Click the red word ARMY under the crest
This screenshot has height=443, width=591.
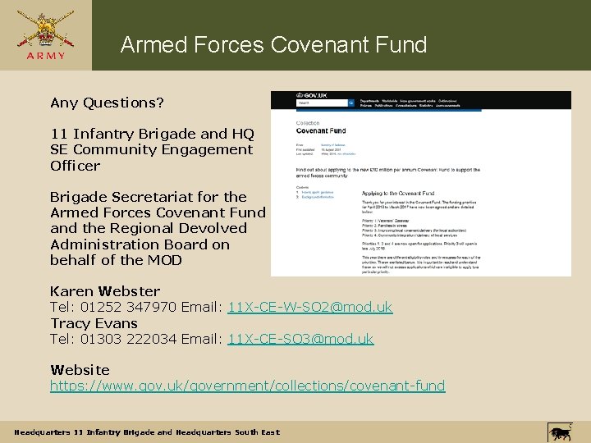point(45,57)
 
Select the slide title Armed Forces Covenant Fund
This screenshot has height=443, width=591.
point(273,44)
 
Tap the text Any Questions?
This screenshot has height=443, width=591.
point(107,103)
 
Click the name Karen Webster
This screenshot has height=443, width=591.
point(105,291)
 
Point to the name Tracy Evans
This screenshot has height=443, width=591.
point(94,323)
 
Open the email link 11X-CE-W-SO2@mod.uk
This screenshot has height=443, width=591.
point(309,307)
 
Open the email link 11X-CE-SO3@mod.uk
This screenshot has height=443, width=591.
point(300,339)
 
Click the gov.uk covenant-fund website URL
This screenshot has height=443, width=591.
point(247,386)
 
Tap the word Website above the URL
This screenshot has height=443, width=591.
point(80,370)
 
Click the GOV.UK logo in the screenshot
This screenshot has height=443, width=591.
point(313,95)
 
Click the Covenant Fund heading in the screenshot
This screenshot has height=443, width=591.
point(320,130)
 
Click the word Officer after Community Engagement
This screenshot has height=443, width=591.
point(75,165)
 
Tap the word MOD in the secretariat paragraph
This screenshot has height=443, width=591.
point(165,260)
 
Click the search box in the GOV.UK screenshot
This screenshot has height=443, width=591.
point(321,103)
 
